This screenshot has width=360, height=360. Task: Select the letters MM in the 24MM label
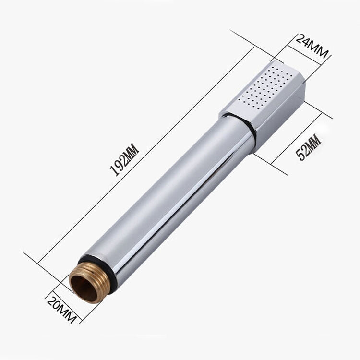(x=319, y=50)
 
